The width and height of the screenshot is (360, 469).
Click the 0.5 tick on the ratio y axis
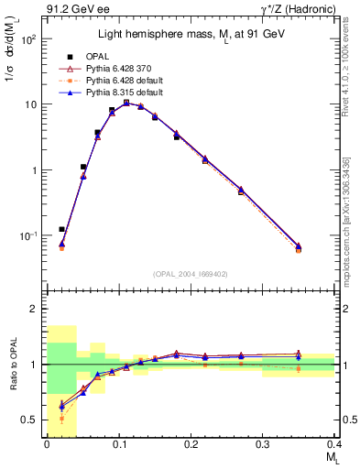(x=34, y=420)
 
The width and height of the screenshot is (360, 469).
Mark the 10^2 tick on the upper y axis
(x=30, y=39)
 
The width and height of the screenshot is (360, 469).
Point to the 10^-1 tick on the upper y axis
(x=30, y=235)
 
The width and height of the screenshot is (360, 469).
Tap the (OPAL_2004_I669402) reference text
(x=191, y=273)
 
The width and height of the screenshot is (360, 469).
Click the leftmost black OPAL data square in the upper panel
(x=61, y=229)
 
